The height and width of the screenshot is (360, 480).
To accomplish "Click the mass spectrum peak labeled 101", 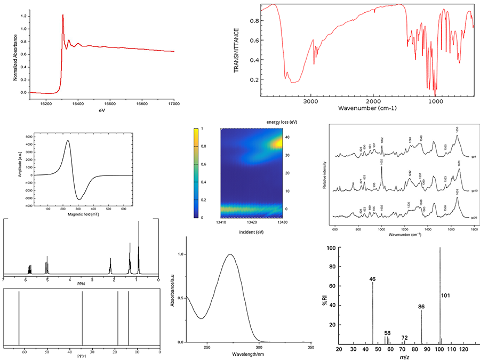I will pyautogui.click(x=440, y=249).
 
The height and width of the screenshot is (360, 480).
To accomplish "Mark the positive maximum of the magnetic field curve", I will pyautogui.click(x=68, y=141).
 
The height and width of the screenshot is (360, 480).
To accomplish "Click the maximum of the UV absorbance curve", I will pyautogui.click(x=230, y=254).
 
